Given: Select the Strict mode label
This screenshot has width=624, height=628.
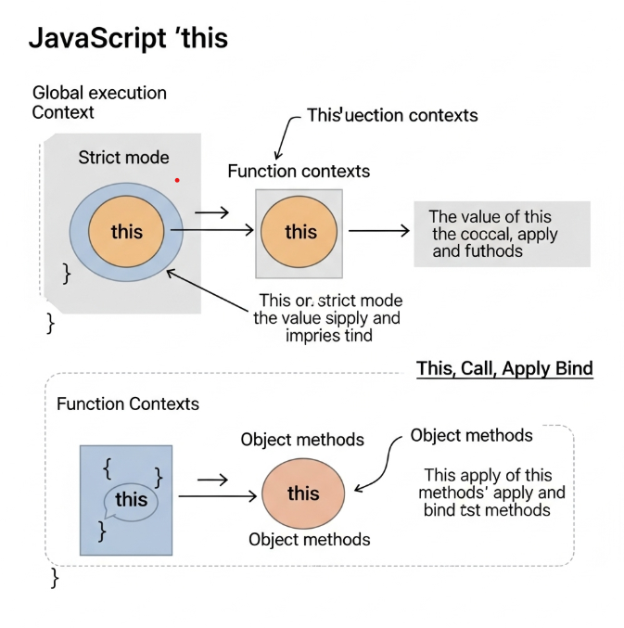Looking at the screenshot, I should click(x=123, y=158).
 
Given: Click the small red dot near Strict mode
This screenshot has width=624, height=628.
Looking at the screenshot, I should click(x=177, y=180).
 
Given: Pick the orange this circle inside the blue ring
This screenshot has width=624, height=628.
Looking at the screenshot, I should click(x=127, y=230).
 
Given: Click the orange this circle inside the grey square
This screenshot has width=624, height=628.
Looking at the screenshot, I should click(x=299, y=231).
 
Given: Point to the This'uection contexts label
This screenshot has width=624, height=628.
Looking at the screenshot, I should click(x=392, y=116).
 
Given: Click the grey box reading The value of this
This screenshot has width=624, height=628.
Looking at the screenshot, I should click(x=501, y=234).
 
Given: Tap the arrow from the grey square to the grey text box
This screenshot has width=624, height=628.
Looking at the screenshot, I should click(x=377, y=231).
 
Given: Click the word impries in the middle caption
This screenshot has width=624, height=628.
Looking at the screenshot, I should click(x=312, y=336).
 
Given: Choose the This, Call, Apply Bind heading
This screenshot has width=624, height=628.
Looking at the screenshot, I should click(x=504, y=368).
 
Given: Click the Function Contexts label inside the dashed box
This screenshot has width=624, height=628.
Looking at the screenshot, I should click(x=128, y=404).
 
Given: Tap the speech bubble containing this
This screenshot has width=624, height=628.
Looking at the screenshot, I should click(x=131, y=501).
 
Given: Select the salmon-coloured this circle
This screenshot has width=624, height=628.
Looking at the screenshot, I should click(x=303, y=493).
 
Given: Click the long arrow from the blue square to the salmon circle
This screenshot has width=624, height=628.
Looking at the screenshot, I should click(x=216, y=497).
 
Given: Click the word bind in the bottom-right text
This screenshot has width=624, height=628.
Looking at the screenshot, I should click(x=439, y=510).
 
